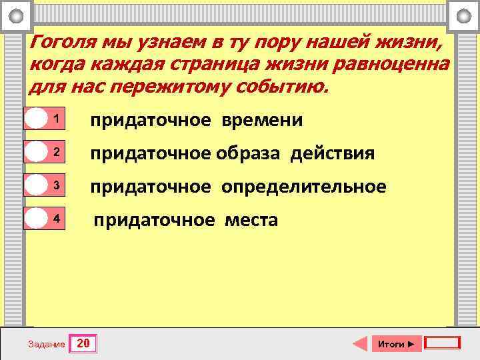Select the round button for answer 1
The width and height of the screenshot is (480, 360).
36,119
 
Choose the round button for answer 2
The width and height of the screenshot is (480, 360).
36,152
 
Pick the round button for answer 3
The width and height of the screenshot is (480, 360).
36,185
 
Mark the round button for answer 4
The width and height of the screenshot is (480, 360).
36,219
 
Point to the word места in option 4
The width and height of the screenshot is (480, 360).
251,220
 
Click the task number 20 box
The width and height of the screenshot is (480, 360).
84,344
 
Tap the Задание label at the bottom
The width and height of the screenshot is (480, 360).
47,345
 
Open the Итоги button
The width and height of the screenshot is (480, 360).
396,344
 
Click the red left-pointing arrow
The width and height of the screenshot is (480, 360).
360,344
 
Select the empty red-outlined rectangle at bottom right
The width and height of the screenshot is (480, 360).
443,343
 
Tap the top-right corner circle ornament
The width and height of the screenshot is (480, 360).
463,15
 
